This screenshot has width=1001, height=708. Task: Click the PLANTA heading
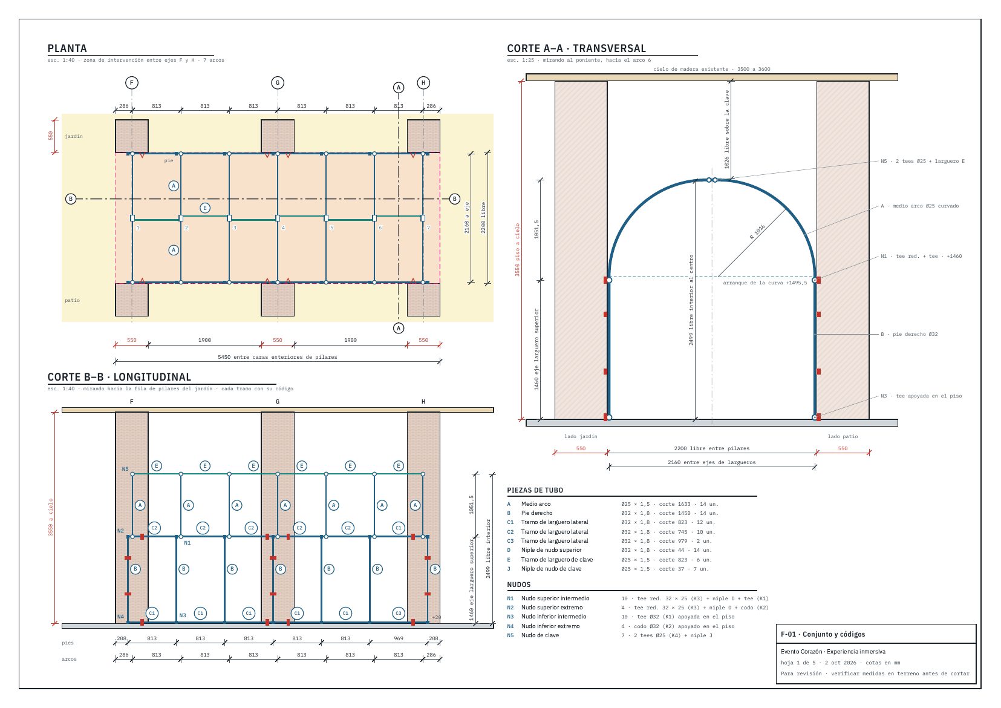tap(67, 48)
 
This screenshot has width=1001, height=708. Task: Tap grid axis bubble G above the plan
tap(278, 83)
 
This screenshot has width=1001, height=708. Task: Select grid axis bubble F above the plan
tap(131, 83)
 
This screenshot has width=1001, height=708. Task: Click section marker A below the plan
tap(399, 328)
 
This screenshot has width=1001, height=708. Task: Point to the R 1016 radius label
tap(757, 232)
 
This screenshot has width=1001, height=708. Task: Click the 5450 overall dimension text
tap(278, 357)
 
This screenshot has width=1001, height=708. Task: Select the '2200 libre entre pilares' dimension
tap(711, 448)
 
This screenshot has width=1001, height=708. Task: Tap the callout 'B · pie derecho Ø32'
tap(909, 334)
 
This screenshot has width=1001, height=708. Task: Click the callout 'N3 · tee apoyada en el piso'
tap(921, 396)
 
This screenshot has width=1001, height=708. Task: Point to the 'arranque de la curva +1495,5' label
tap(765, 283)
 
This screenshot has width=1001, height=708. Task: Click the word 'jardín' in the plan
tap(74, 136)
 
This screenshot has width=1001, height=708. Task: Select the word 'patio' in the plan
tap(73, 300)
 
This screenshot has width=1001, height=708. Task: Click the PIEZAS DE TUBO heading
tap(535, 490)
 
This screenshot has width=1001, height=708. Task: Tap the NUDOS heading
tap(519, 585)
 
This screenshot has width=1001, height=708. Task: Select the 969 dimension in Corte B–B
tap(399, 639)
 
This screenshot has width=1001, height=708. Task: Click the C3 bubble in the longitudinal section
tap(399, 613)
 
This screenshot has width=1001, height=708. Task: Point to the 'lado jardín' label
tap(581, 436)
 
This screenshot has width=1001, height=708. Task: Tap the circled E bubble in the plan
tap(204, 208)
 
